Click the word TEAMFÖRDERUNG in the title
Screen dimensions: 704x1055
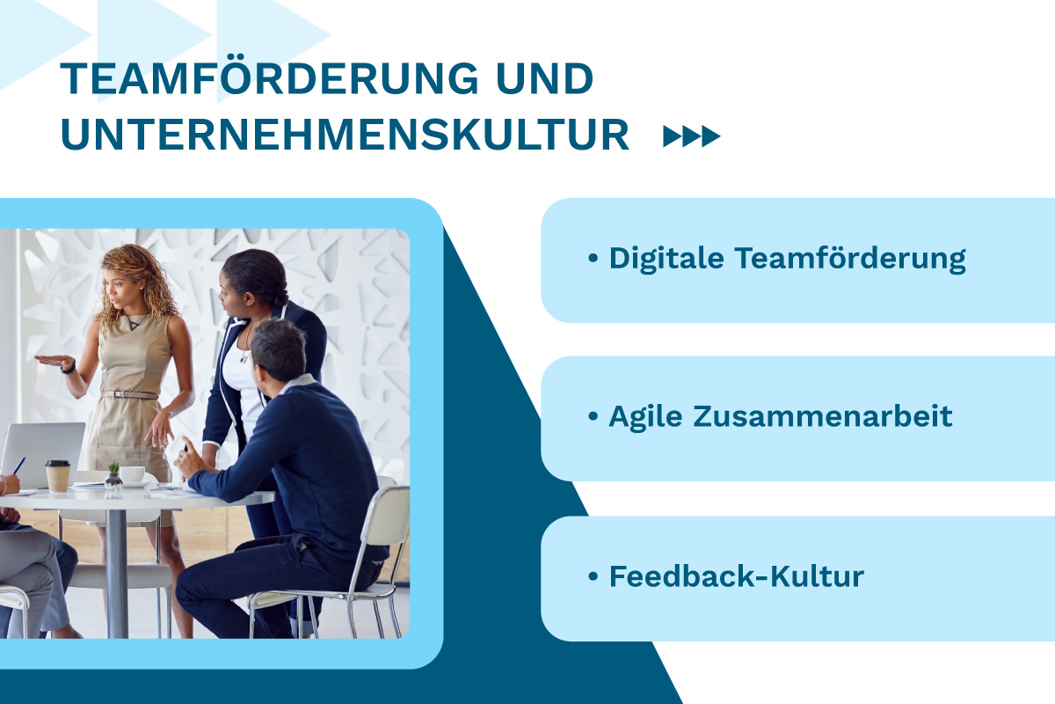point(269,80)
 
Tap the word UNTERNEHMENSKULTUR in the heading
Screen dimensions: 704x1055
point(345,136)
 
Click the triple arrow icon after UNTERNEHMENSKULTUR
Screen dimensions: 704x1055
point(691,136)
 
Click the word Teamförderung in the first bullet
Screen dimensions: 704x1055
point(849,259)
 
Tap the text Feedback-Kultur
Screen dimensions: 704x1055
point(736,576)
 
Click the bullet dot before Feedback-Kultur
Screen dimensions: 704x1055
point(593,576)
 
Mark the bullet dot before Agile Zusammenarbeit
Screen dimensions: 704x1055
point(593,416)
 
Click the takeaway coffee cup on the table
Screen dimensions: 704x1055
point(58,475)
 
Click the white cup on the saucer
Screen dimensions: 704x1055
point(133,475)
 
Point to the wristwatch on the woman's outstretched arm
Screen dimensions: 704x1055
point(69,366)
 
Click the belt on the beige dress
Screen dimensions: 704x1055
point(129,394)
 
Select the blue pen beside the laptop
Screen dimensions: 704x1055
point(18,465)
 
